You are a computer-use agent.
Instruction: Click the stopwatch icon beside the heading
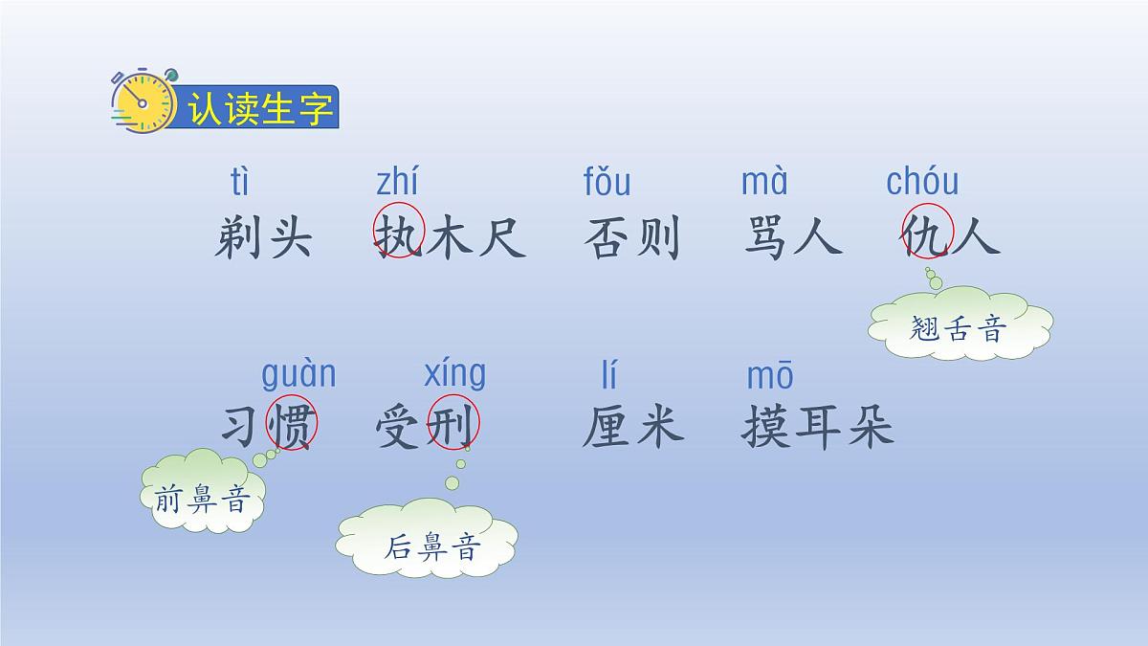(x=143, y=100)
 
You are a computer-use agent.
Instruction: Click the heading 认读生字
(x=260, y=109)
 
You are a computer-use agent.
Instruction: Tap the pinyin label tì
(x=239, y=181)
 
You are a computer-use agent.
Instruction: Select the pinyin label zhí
(x=397, y=181)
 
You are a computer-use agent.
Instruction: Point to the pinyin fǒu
(x=607, y=181)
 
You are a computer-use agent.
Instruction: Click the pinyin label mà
(x=764, y=181)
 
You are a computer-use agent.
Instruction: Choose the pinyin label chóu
(x=922, y=181)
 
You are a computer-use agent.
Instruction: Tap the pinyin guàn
(x=298, y=373)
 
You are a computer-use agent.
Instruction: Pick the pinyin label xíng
(x=454, y=373)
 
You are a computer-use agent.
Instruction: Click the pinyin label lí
(x=609, y=374)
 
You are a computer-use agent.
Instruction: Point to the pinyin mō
(x=769, y=376)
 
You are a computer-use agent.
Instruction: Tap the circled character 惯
(x=291, y=424)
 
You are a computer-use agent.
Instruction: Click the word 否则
(x=631, y=236)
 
